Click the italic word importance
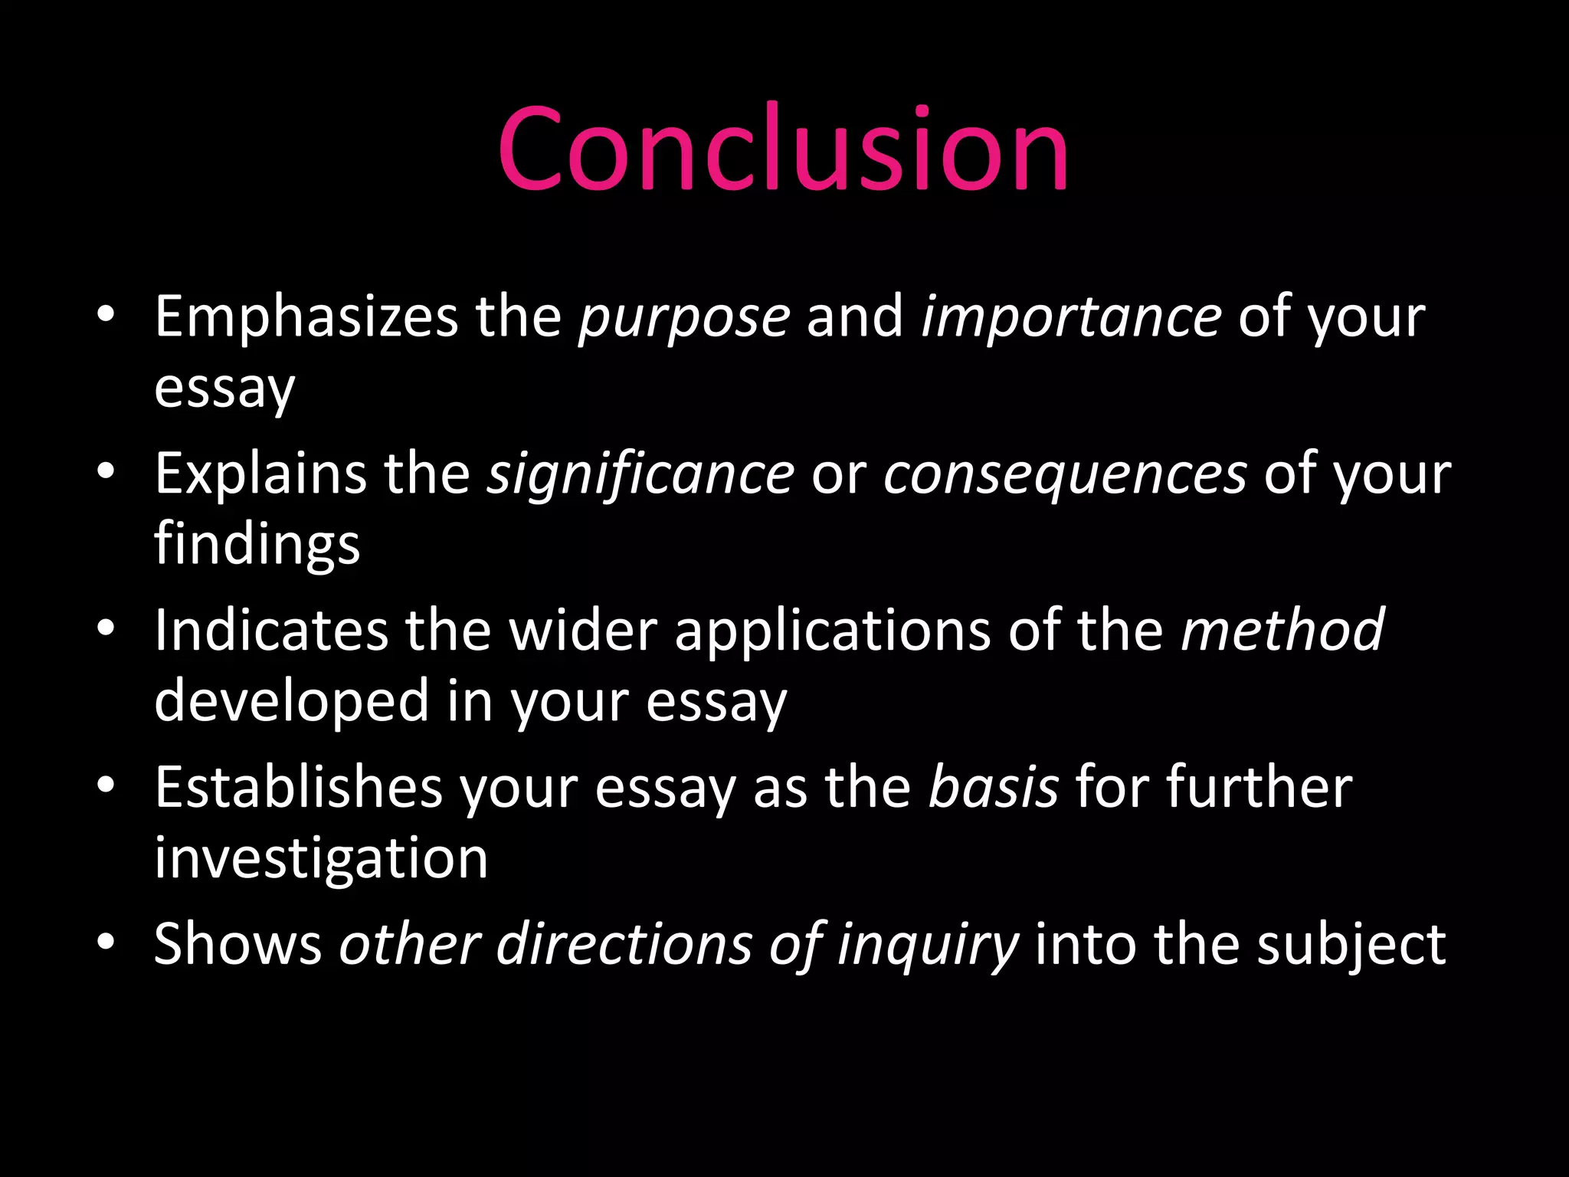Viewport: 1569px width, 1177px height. pos(1071,317)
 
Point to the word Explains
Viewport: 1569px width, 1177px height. pos(260,474)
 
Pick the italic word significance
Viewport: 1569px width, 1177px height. pos(641,474)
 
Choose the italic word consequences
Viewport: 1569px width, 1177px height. pos(1065,475)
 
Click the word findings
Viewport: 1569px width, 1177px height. pos(257,545)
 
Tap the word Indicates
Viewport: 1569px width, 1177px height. pos(271,631)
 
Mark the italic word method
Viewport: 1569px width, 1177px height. pos(1282,630)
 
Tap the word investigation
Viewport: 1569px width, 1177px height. pos(321,859)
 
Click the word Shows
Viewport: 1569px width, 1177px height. pos(237,943)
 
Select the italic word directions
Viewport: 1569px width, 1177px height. pos(624,943)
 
